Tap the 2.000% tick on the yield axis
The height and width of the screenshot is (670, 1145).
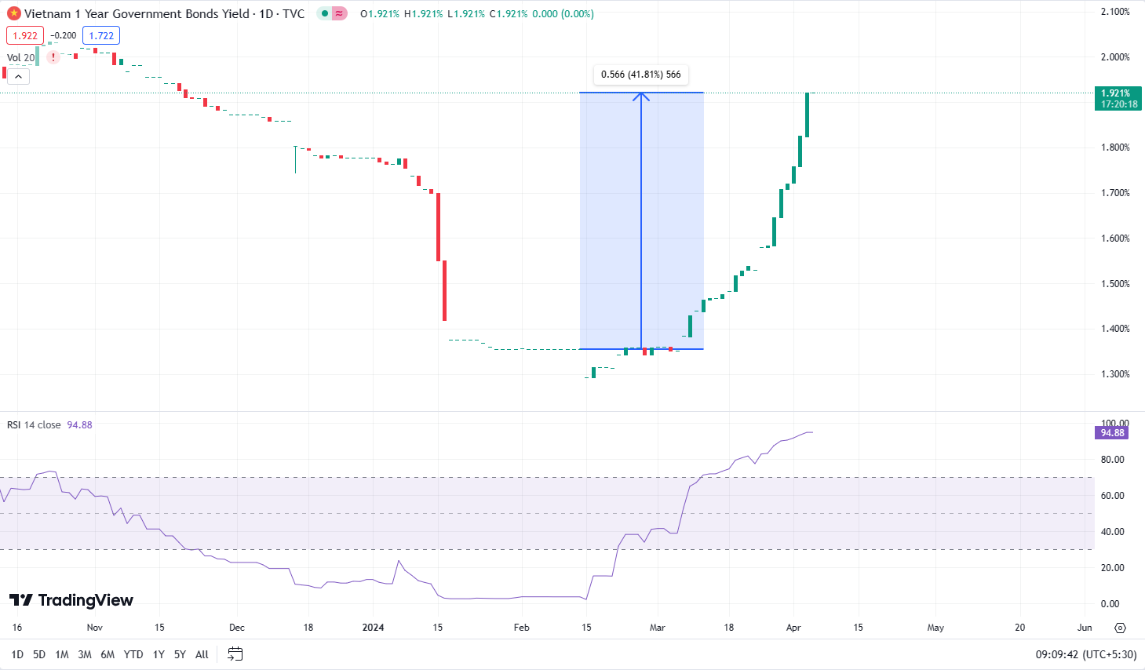point(1115,57)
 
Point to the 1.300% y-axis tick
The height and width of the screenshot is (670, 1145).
point(1115,374)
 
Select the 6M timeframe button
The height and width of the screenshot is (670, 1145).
point(108,654)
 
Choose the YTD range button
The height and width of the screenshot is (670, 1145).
point(133,654)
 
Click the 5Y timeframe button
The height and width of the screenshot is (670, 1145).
point(180,654)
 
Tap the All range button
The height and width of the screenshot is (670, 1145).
point(202,654)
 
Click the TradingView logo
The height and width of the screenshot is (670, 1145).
point(71,600)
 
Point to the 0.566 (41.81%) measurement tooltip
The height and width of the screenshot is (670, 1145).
point(640,75)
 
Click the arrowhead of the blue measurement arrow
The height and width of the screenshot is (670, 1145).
point(641,96)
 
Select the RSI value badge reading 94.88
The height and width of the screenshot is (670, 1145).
point(1112,433)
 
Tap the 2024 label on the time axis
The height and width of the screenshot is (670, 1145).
point(373,628)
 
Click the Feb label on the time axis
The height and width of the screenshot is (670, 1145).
point(521,628)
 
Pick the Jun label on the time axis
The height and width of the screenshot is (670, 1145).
point(1085,628)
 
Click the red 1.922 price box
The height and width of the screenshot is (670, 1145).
point(25,35)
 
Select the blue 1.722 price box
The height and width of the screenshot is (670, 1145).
point(101,35)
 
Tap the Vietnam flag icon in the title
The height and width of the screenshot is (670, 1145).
point(13,13)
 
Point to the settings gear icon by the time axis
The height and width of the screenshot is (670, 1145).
point(1120,628)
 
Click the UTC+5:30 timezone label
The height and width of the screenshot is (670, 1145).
point(1109,654)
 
